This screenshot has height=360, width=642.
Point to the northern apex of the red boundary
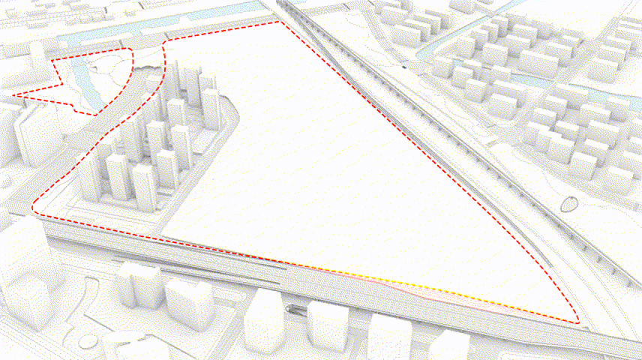point(281,22)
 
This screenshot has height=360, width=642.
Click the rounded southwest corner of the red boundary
point(35,209)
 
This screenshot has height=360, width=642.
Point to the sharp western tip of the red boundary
point(15,96)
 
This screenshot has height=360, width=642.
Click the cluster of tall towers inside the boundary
point(150,142)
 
